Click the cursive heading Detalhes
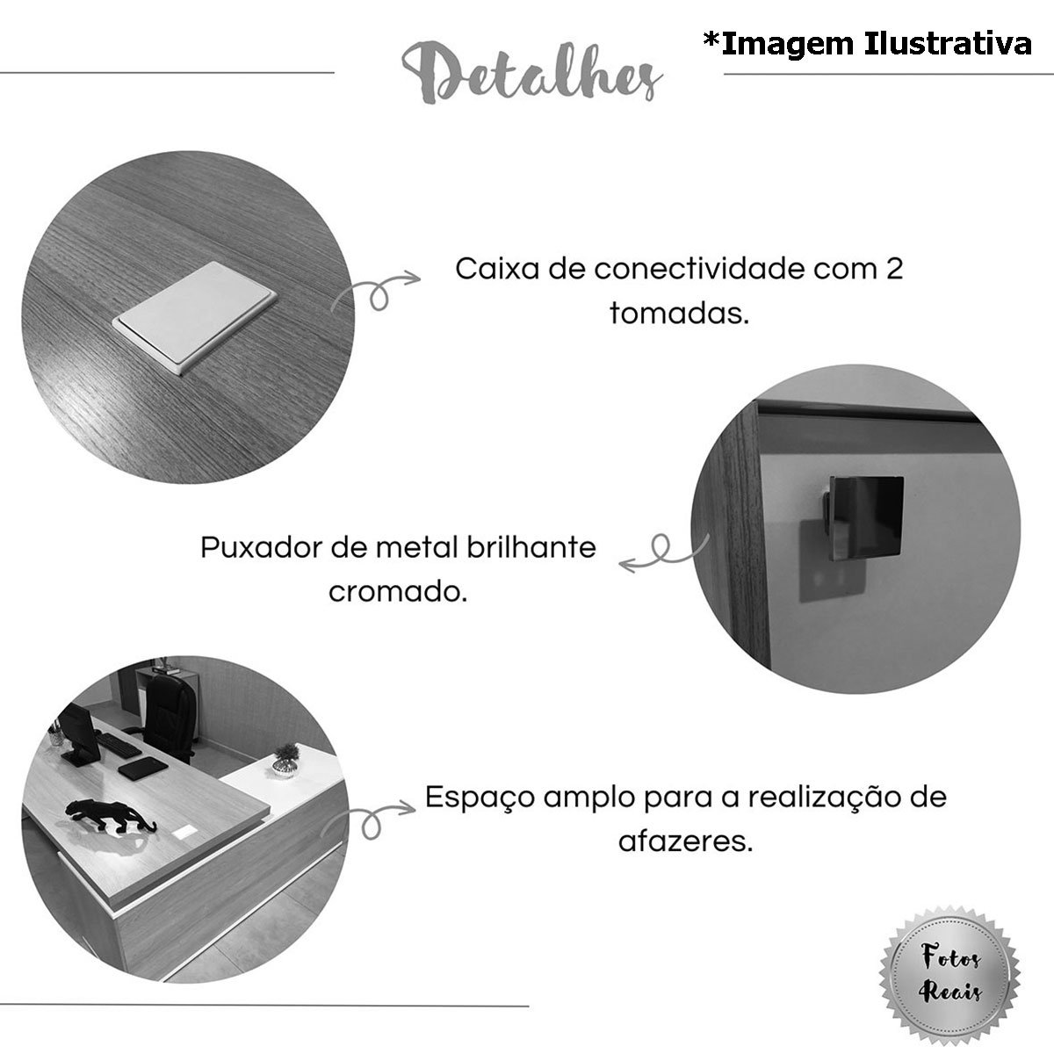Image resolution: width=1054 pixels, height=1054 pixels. click(531, 74)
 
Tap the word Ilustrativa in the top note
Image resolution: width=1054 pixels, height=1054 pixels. click(948, 44)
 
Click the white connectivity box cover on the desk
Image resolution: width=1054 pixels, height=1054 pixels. click(194, 318)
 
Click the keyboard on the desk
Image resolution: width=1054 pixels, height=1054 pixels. click(119, 745)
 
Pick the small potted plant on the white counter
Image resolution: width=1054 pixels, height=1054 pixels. click(285, 761)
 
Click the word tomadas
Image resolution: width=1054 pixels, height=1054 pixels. click(679, 314)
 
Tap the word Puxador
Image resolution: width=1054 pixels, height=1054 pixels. click(262, 547)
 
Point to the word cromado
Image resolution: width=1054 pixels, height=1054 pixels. click(398, 592)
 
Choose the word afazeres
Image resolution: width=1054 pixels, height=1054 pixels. click(686, 842)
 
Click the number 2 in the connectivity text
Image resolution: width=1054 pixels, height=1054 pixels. click(894, 269)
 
